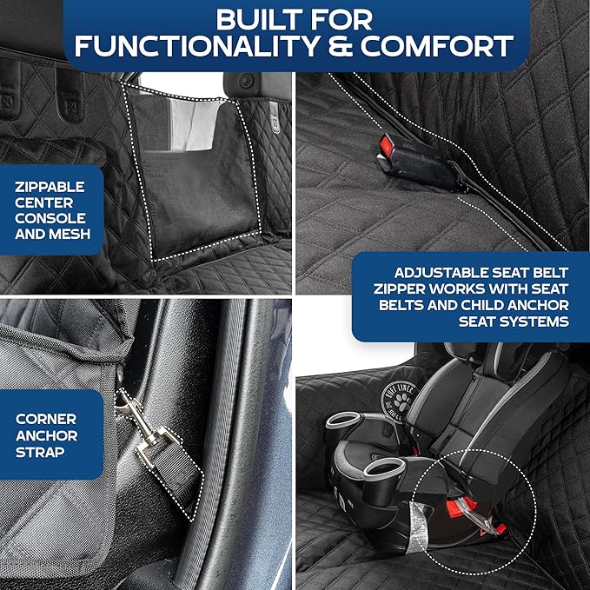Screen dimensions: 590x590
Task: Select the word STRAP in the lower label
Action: [x=41, y=452]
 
